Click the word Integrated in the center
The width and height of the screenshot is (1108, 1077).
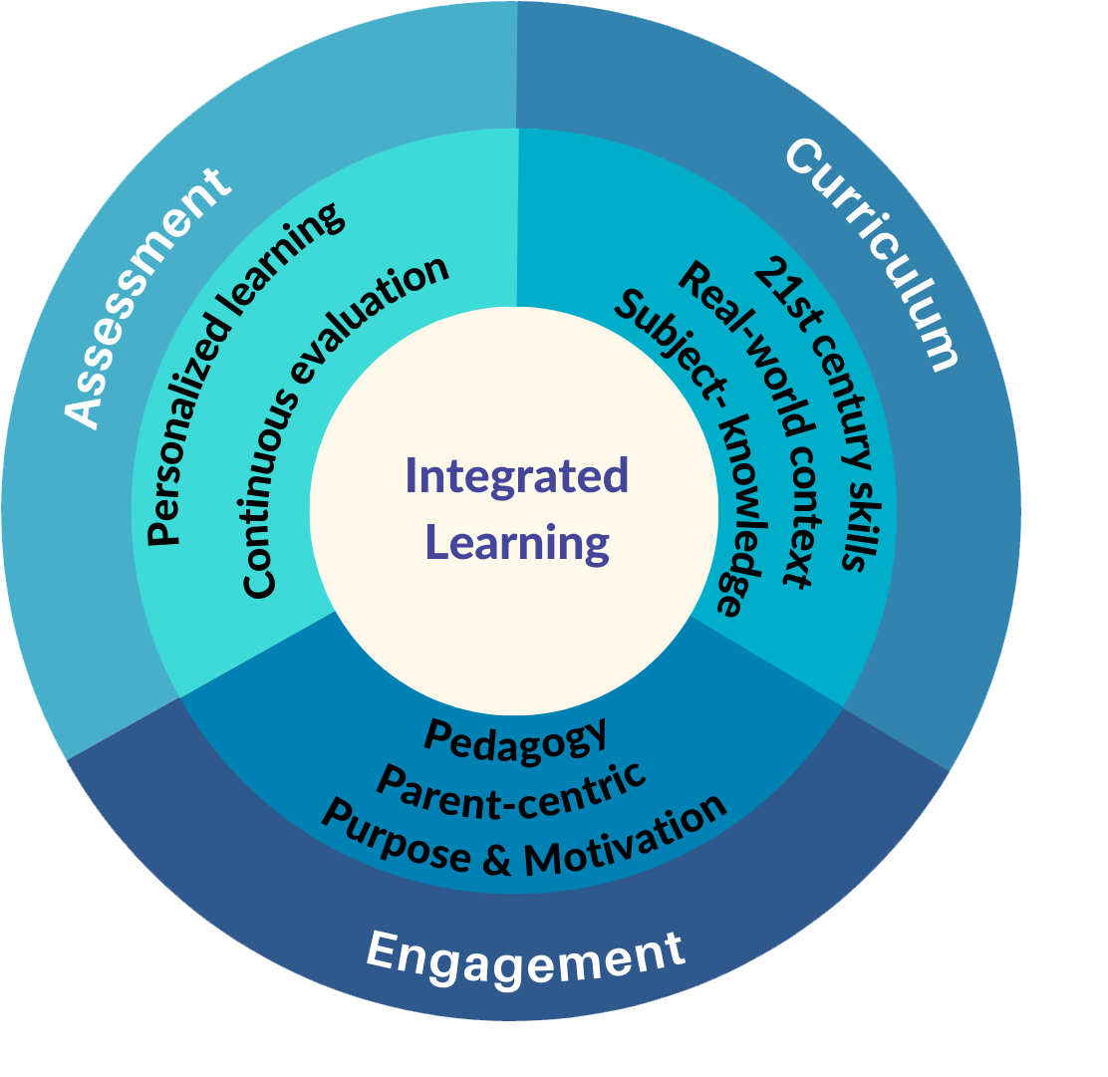pyautogui.click(x=516, y=476)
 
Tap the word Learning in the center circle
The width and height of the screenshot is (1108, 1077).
pyautogui.click(x=516, y=543)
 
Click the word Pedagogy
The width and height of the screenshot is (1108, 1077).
pyautogui.click(x=515, y=734)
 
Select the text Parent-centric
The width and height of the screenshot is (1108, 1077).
pyautogui.click(x=512, y=782)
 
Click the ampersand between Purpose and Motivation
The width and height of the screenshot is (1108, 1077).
pyautogui.click(x=496, y=859)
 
